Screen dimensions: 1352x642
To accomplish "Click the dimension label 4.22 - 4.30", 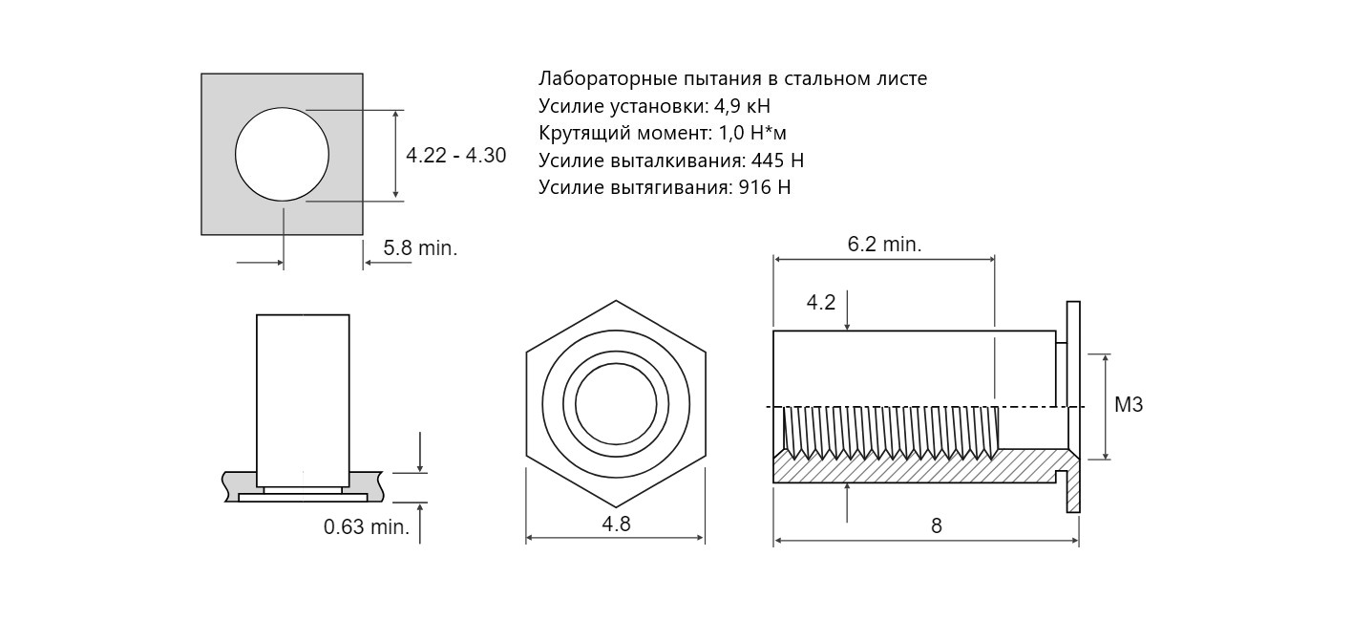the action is (x=455, y=155).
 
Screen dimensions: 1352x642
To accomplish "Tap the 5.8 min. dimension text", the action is (x=420, y=248).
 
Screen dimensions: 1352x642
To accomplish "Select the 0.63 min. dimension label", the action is (x=367, y=526).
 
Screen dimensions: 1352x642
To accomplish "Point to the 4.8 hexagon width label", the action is (x=616, y=524).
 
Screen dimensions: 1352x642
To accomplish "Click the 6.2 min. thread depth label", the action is (x=884, y=244).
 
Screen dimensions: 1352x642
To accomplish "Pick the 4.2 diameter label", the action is (x=821, y=302).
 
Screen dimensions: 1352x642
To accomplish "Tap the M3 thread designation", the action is (x=1128, y=405).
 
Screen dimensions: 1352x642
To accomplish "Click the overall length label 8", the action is (x=936, y=526).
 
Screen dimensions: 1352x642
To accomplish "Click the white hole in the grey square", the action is (x=282, y=154).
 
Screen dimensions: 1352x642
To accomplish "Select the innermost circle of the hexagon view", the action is (x=616, y=404).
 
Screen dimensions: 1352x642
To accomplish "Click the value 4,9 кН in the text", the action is (x=742, y=106).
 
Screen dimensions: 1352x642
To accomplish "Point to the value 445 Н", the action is (x=777, y=160).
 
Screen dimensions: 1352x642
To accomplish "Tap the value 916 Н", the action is (x=765, y=188).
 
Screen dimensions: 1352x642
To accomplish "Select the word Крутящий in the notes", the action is (x=577, y=134).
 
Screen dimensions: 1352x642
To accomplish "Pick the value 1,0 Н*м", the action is (x=752, y=134).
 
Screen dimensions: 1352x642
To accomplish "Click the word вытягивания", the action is (x=672, y=188).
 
